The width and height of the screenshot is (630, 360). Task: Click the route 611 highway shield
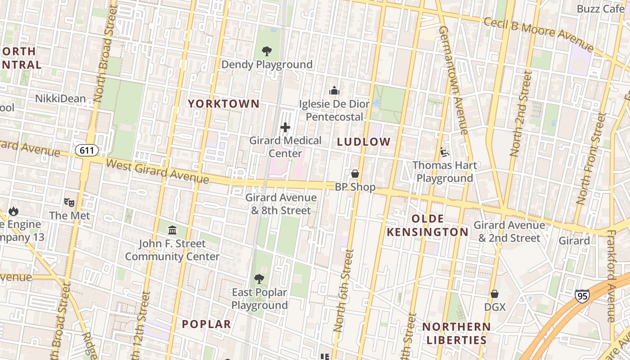[86, 150]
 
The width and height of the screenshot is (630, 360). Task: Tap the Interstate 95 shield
[582, 296]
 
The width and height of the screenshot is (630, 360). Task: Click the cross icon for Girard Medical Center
[285, 128]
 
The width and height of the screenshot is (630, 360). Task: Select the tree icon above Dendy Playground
[266, 51]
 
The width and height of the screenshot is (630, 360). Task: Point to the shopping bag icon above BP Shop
[355, 174]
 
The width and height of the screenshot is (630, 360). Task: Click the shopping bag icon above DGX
[495, 294]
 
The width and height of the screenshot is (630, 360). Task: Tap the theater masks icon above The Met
[69, 202]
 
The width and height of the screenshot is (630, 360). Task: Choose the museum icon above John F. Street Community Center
[172, 230]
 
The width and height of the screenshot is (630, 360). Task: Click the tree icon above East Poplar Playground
[259, 279]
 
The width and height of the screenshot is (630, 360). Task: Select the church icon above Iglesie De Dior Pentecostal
[334, 91]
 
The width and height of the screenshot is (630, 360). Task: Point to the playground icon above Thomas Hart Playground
[444, 152]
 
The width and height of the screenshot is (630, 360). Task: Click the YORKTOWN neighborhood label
[224, 103]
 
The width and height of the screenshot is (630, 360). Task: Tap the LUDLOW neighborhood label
[364, 142]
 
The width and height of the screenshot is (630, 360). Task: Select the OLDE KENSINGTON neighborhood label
[428, 225]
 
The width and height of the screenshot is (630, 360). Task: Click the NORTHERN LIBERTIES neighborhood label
[456, 333]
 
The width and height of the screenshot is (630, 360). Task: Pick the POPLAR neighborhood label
[207, 324]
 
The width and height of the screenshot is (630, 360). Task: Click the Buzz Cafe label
[600, 9]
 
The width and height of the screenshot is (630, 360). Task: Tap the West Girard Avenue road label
[157, 170]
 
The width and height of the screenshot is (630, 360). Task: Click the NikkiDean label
[60, 98]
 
